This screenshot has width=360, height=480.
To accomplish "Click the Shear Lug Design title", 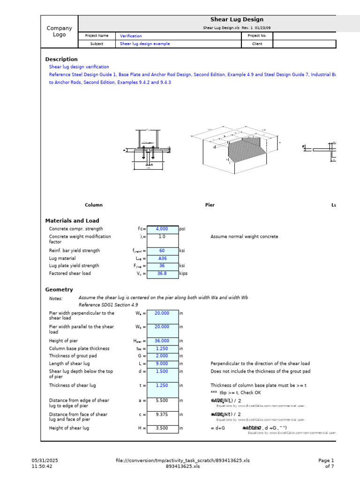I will pyautogui.click(x=237, y=20).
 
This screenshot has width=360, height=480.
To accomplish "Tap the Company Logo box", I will pyautogui.click(x=60, y=31).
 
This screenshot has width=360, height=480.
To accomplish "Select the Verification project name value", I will pyautogui.click(x=131, y=36).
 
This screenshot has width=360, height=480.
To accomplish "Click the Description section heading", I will pyautogui.click(x=61, y=60).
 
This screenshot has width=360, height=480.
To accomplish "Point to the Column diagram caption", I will pyautogui.click(x=94, y=205).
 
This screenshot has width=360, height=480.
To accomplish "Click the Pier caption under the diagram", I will pyautogui.click(x=210, y=205).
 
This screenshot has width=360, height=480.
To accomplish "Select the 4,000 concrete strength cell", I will pyautogui.click(x=162, y=229).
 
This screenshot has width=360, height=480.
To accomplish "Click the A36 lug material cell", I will pyautogui.click(x=162, y=258).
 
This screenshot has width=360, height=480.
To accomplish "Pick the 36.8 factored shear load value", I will pyautogui.click(x=162, y=273).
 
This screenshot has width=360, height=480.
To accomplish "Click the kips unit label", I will pyautogui.click(x=183, y=273).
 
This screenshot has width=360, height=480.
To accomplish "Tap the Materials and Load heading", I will pyautogui.click(x=72, y=221).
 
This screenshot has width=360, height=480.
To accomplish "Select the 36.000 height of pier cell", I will pyautogui.click(x=162, y=341).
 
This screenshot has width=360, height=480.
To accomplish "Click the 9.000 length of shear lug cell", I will pyautogui.click(x=162, y=364).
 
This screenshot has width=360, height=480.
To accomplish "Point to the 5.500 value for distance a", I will pyautogui.click(x=162, y=401).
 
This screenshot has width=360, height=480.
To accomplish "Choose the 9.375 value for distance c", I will pyautogui.click(x=162, y=414).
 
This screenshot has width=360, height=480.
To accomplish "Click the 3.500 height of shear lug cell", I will pyautogui.click(x=162, y=428).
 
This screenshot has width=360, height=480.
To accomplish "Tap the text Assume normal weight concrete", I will pyautogui.click(x=244, y=237).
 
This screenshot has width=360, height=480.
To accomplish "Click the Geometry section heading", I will pyautogui.click(x=59, y=290).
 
